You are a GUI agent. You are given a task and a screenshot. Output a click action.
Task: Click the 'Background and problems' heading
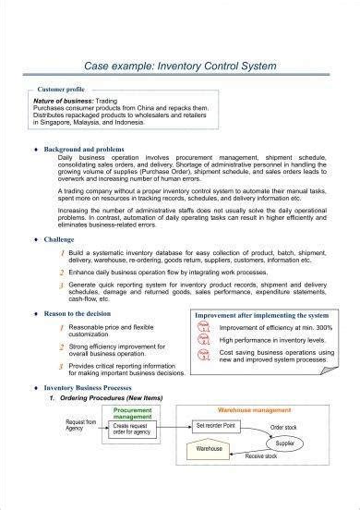90,148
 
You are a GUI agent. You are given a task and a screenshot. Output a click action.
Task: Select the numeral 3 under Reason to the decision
61,367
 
